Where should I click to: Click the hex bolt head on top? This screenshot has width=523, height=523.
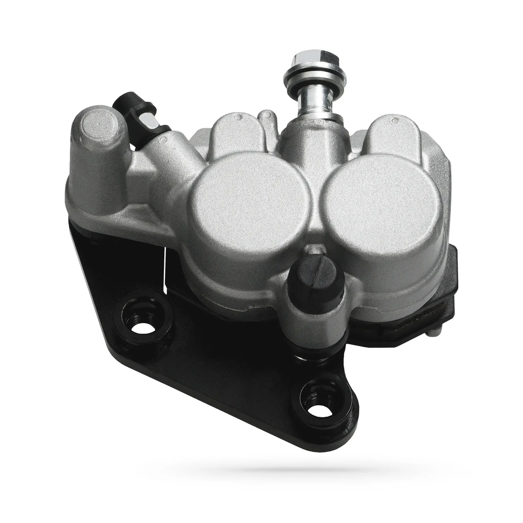(x=314, y=59)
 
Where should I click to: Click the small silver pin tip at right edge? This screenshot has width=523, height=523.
(x=434, y=332)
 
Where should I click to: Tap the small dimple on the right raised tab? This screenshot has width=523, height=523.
(x=395, y=121)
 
